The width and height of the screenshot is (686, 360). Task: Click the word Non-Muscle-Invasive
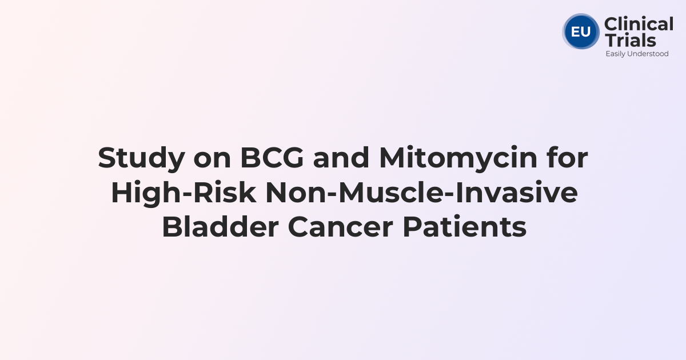[x=421, y=193]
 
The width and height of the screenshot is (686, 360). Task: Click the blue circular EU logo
[x=581, y=31]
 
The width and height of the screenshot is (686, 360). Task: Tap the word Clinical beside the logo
[x=639, y=25]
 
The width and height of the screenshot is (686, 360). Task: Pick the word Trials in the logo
[x=630, y=40]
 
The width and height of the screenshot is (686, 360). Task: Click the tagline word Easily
[x=617, y=54]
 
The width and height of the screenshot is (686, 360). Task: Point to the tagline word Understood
[x=649, y=54]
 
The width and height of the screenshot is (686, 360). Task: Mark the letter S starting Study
[x=106, y=158]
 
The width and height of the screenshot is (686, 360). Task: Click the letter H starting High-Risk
[x=121, y=193]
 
